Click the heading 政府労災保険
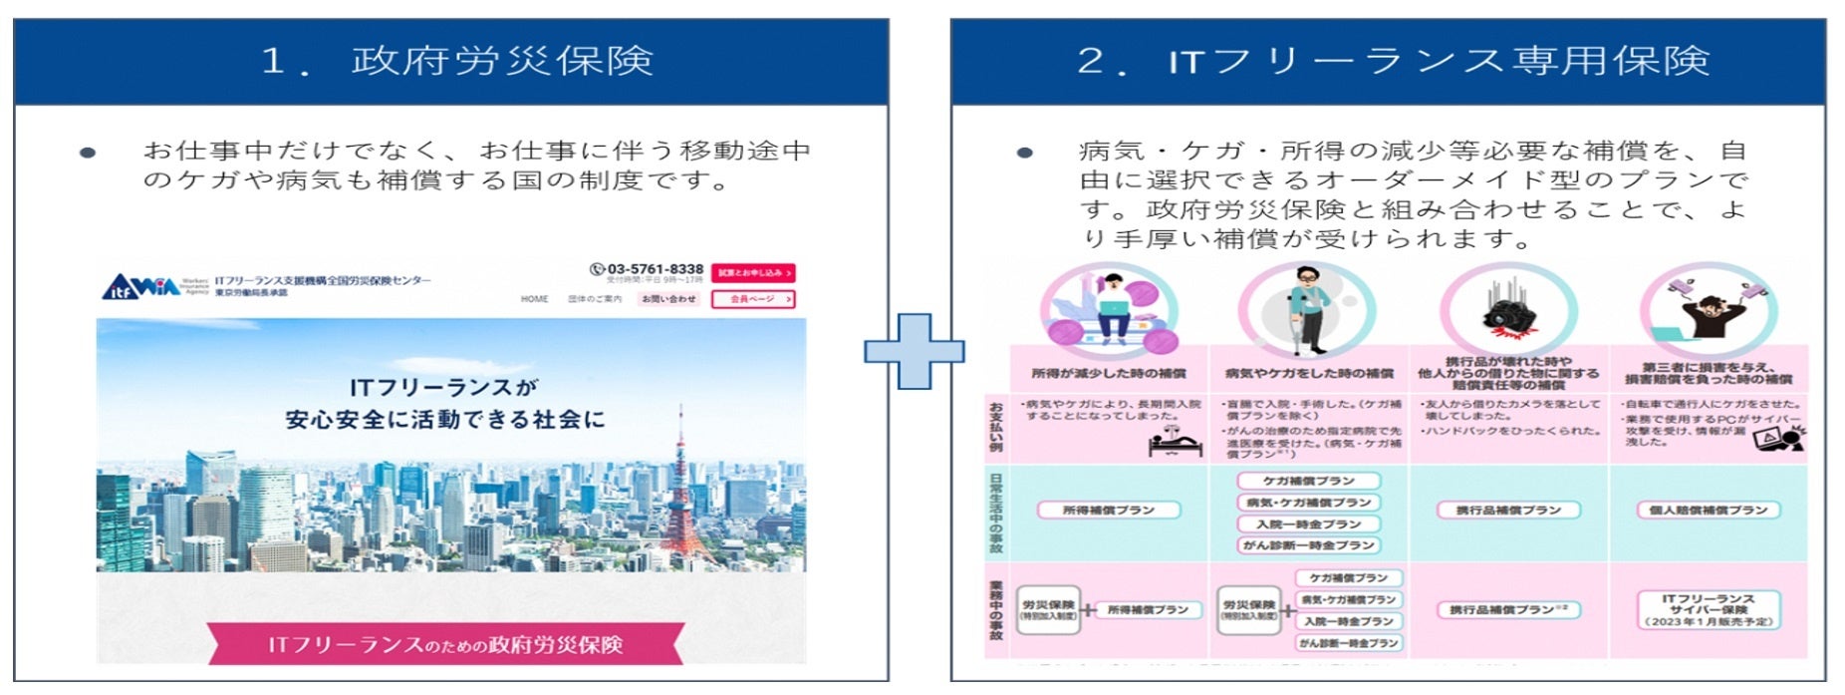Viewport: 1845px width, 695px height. [x=502, y=61]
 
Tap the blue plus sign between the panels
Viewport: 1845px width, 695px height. [x=914, y=351]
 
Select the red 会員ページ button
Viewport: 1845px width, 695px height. [x=753, y=299]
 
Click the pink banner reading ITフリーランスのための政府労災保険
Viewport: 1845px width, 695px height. [x=445, y=644]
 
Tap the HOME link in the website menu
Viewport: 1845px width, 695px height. [x=534, y=299]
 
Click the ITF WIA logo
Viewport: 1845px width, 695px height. [x=141, y=287]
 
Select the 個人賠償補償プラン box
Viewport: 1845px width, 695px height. [x=1708, y=511]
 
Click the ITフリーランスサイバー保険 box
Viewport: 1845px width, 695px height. [x=1708, y=609]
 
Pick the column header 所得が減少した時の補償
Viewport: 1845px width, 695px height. [x=1108, y=373]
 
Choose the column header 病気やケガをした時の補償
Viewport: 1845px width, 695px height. [x=1308, y=373]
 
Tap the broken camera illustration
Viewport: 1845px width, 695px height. [x=1506, y=309]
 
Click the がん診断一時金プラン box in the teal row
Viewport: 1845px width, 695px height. [x=1308, y=545]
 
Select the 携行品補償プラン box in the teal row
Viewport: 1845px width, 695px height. [x=1508, y=511]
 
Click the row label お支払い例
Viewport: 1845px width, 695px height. [x=995, y=427]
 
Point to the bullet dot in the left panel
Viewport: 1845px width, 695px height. [x=88, y=153]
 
